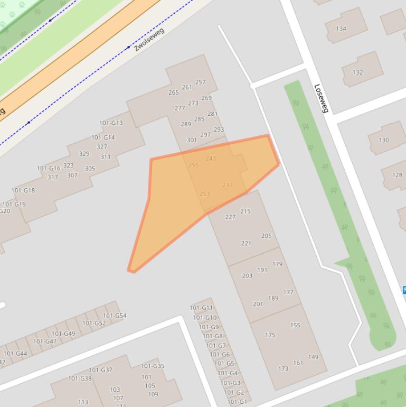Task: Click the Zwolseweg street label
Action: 149,39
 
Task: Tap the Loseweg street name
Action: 321,98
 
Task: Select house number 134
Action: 341,29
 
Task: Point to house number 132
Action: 357,72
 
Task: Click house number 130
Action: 383,140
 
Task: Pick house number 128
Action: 396,175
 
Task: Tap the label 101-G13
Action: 111,123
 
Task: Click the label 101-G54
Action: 115,316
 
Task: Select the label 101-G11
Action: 201,308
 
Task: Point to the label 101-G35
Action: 153,366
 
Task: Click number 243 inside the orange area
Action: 211,159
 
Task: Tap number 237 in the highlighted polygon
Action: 228,185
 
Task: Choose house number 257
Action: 200,82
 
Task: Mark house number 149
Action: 313,357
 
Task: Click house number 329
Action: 84,154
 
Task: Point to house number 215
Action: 245,211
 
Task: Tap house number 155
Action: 295,326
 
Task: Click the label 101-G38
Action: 80,378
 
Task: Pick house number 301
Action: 192,141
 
